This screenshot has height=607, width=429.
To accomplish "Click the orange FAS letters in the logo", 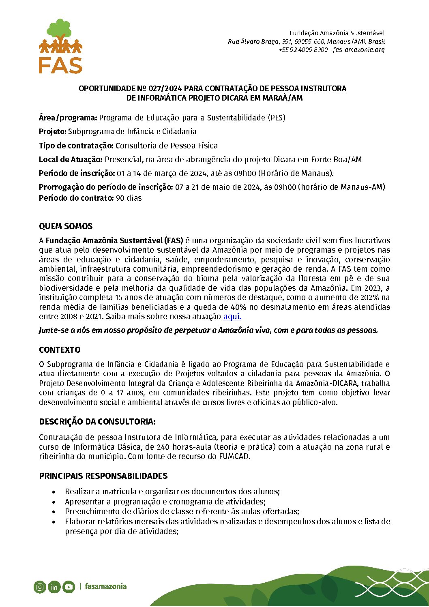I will (x=60, y=65).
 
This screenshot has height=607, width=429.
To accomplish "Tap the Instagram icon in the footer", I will (x=40, y=587).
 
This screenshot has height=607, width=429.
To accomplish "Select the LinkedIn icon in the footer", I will (x=54, y=587).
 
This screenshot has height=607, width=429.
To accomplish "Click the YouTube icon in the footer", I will (x=69, y=587).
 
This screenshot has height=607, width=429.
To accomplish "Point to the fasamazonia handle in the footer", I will (x=105, y=586).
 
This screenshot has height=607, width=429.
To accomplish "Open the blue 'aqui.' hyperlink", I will (x=232, y=317).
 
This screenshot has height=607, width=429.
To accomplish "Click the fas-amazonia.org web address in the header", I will (x=358, y=50).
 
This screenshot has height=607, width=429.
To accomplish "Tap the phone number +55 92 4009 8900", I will (x=303, y=50).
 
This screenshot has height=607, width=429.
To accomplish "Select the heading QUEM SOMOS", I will (x=66, y=226).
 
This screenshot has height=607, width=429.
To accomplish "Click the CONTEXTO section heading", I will (x=60, y=350).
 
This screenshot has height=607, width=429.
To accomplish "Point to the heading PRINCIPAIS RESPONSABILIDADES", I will (x=103, y=476).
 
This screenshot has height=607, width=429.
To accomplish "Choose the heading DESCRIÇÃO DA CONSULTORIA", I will (x=97, y=422).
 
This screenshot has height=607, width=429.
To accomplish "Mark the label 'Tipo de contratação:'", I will (x=76, y=146).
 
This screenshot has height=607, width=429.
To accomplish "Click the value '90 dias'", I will (x=129, y=198).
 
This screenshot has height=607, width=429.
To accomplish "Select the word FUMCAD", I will (x=234, y=457).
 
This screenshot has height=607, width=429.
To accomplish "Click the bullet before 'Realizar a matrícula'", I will (x=54, y=492).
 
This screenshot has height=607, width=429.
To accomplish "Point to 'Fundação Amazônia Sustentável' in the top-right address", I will (x=337, y=33).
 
